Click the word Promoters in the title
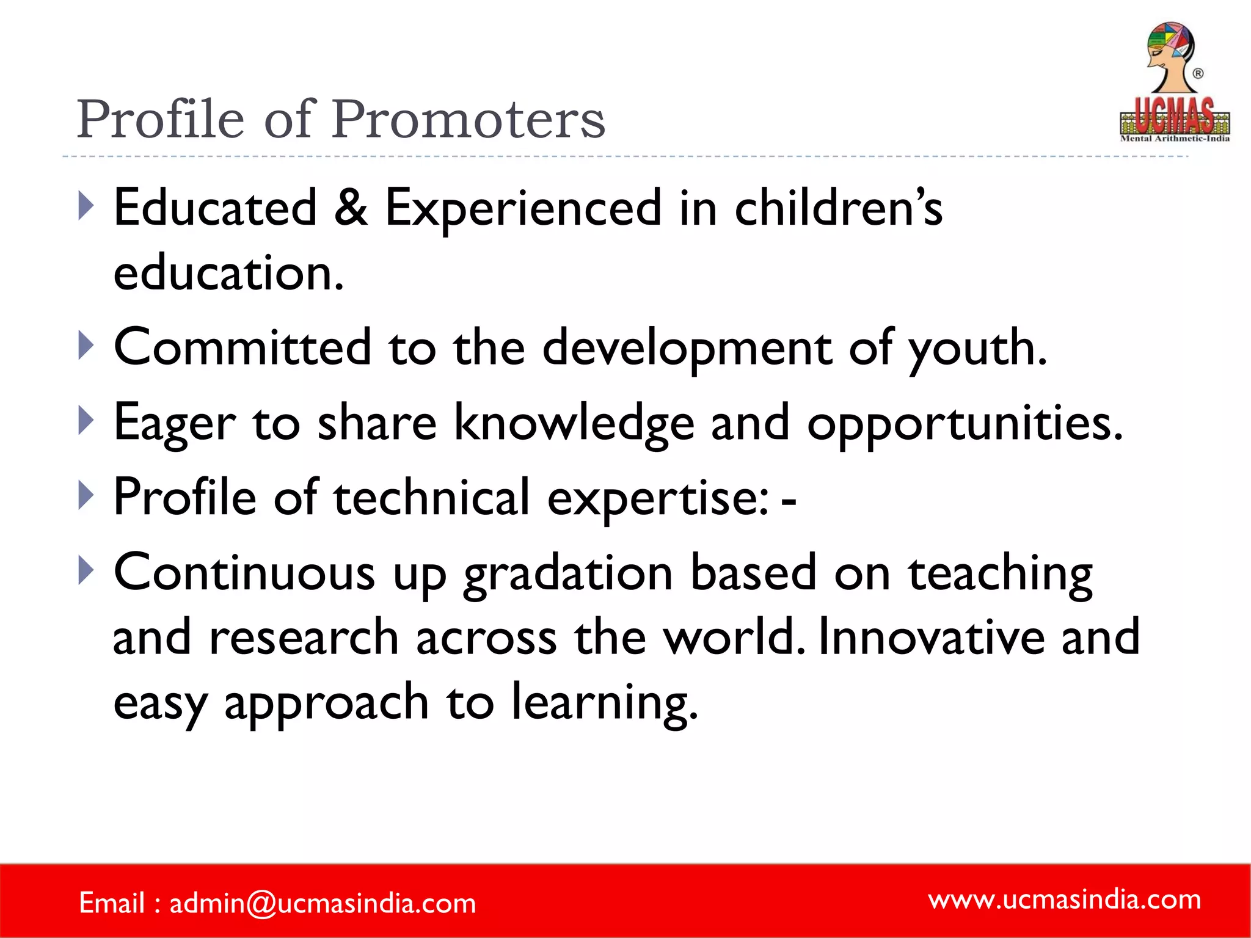coord(469,119)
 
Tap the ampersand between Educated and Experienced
coord(351,208)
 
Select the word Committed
coord(243,347)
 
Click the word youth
coord(977,348)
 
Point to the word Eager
coord(175,423)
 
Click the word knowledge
coord(574,423)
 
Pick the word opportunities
coord(965,424)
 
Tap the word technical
coord(431,497)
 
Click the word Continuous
coord(244,573)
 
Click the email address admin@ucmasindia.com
coord(323,903)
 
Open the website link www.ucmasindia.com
coord(1064,899)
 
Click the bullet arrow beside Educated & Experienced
coord(86,206)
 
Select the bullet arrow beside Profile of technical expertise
coord(86,495)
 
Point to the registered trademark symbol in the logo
coord(1198,73)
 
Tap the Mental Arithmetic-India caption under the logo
coord(1174,139)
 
